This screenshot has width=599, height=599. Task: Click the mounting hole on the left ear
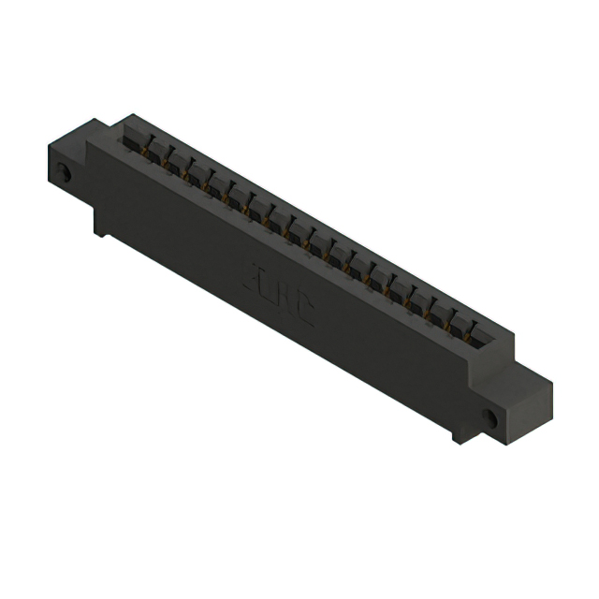pyautogui.click(x=64, y=174)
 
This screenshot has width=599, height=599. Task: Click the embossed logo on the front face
pyautogui.click(x=283, y=293)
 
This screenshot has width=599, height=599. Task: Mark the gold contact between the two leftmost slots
pyautogui.click(x=148, y=150)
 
